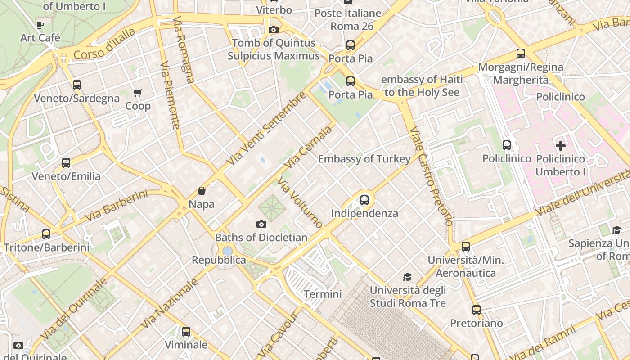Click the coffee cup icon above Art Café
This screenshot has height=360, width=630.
40,25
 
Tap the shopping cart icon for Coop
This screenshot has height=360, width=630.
137,93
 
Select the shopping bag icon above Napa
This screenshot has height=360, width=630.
202,191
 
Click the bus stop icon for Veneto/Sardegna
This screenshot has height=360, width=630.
77,85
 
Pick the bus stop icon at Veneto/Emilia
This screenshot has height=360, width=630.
66,163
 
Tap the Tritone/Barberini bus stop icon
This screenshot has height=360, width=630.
46,234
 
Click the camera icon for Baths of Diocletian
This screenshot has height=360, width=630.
261,224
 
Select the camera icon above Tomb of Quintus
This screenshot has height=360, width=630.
273,30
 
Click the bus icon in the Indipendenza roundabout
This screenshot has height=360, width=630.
364,200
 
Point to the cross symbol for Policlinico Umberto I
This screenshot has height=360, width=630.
561,146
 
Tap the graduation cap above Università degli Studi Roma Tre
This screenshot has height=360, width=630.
407,277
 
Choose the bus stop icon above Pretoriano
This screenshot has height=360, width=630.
477,310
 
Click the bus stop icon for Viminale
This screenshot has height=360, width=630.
186,332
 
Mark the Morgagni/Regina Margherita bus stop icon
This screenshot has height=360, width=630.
521,54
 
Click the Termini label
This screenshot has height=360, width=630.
323,294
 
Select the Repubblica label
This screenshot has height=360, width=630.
219,260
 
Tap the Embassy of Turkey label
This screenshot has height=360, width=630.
364,159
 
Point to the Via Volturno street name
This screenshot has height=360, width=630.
300,202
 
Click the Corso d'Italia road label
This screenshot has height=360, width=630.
104,44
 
